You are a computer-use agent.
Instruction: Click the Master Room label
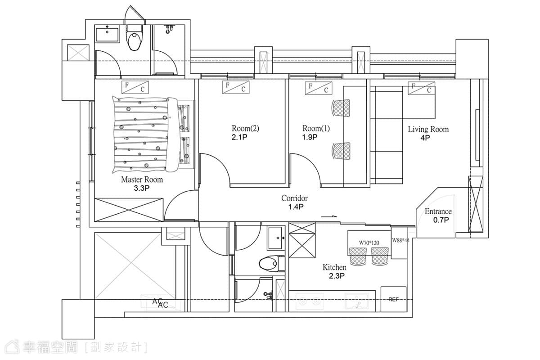tap(142, 180)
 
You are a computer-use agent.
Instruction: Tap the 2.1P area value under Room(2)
tap(239, 137)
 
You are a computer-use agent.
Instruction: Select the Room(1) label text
tap(316, 128)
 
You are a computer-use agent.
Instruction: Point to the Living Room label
tap(428, 129)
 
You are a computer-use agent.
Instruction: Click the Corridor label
tap(294, 198)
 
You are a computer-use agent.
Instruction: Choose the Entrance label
tap(438, 211)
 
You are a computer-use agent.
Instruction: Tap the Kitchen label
tap(334, 267)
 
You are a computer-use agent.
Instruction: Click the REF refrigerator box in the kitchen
tap(393, 299)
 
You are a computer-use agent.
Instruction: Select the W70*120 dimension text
tap(369, 243)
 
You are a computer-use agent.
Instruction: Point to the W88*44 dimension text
tap(400, 240)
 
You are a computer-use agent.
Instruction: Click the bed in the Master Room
tap(153, 135)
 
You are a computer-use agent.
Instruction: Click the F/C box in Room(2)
tap(236, 87)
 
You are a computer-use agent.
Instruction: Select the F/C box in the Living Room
tap(422, 88)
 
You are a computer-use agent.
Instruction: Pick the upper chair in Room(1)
tap(341, 108)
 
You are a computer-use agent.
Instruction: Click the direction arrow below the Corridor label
tap(328, 216)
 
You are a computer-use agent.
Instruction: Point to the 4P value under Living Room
tap(425, 138)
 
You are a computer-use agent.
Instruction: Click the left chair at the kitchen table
tap(358, 256)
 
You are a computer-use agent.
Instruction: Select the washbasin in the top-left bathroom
tap(107, 35)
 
